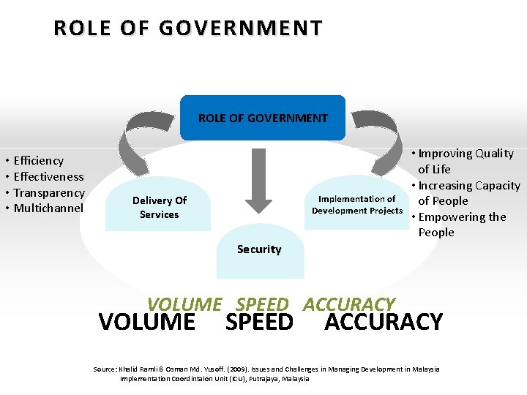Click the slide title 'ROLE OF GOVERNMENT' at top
187,29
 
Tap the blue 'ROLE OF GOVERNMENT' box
263,118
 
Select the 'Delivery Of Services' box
160,207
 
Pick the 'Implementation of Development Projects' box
356,205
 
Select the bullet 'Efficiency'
39,160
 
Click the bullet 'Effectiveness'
49,176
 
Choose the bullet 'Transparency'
49,192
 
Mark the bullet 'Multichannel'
49,208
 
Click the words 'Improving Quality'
466,154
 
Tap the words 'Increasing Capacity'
469,186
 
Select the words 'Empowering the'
462,217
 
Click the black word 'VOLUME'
146,323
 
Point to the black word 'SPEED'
259,323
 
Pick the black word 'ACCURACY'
384,323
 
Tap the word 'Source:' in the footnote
106,369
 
